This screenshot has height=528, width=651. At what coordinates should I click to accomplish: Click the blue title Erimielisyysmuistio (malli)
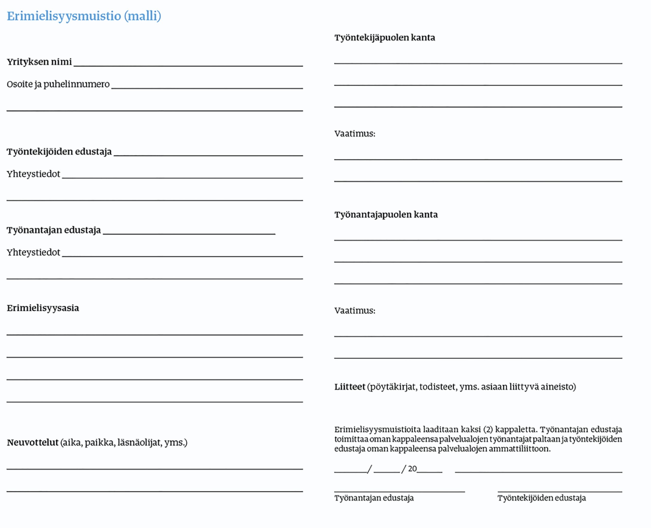click(x=84, y=16)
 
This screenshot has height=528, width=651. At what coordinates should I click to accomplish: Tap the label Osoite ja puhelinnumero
click(x=58, y=84)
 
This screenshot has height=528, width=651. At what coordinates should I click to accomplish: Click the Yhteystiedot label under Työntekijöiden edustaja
click(x=34, y=174)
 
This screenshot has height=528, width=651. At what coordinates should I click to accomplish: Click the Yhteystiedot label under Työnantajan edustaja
click(x=34, y=253)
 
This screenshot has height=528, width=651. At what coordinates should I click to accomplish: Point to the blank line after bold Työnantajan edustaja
click(x=189, y=233)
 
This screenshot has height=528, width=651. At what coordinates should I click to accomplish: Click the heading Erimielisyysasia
click(x=43, y=308)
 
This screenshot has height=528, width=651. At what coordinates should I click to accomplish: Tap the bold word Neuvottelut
click(x=33, y=443)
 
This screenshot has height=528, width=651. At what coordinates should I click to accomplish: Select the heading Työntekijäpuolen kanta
click(x=385, y=38)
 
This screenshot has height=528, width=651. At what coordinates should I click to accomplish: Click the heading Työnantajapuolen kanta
click(x=386, y=215)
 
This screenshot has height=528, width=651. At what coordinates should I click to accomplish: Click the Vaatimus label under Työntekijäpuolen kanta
click(x=354, y=134)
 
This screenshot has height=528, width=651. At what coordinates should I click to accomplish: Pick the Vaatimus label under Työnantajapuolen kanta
click(x=354, y=311)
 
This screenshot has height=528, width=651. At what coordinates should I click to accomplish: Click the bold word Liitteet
click(x=350, y=387)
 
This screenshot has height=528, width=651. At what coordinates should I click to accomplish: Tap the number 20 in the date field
click(x=412, y=469)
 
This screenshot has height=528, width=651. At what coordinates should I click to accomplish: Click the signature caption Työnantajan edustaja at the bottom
click(x=374, y=498)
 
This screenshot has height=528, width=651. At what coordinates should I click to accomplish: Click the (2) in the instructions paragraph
click(x=488, y=430)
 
